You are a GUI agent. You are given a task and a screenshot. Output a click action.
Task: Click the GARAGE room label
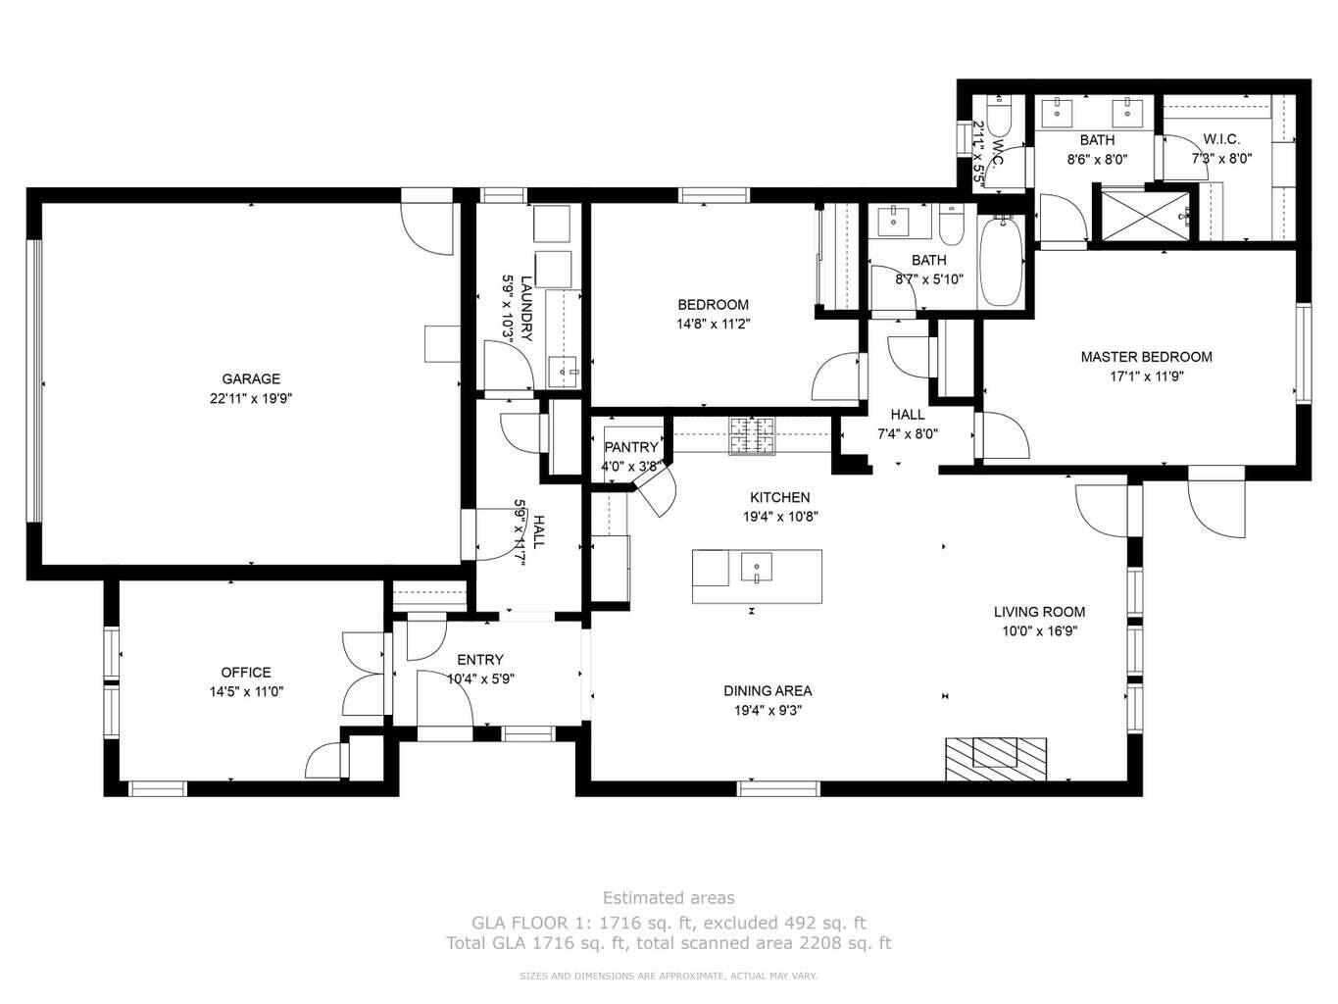click(250, 378)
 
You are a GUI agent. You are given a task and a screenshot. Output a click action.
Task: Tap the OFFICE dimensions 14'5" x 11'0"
click(245, 691)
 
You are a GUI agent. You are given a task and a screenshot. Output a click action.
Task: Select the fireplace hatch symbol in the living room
click(995, 756)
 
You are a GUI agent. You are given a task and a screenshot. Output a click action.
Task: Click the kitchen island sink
click(757, 568)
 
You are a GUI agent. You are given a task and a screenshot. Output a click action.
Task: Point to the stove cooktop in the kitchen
click(751, 435)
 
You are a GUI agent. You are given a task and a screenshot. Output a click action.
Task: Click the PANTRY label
click(630, 447)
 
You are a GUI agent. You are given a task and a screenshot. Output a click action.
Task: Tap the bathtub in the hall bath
click(1000, 262)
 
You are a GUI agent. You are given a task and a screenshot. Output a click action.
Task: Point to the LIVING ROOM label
click(1039, 612)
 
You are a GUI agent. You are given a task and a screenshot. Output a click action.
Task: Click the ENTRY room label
click(479, 660)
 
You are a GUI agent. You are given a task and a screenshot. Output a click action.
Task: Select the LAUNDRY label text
click(526, 307)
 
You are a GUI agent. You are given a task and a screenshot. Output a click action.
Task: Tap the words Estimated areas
click(668, 897)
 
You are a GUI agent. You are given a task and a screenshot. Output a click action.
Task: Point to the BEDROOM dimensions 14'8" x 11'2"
click(713, 324)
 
